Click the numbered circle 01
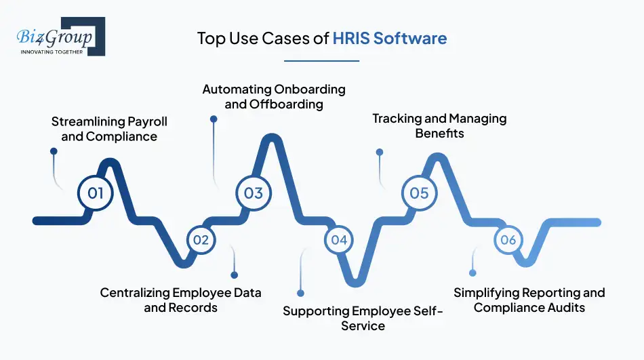[x=96, y=193]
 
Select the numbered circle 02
[x=201, y=239]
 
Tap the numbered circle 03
[x=254, y=193]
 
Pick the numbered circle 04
[x=339, y=239]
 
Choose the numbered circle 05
[x=419, y=193]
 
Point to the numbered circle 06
[x=508, y=239]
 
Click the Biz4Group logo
[x=61, y=36]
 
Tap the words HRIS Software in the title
[x=389, y=38]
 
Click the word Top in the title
[x=211, y=39]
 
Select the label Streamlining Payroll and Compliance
[x=109, y=129]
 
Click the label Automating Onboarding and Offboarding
[x=274, y=96]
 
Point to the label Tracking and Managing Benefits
[x=439, y=125]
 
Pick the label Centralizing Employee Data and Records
[x=181, y=300]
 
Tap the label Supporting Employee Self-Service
[x=363, y=318]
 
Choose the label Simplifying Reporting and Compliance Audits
[x=529, y=300]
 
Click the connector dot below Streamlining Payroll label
[x=54, y=151]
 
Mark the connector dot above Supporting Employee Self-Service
[x=300, y=293]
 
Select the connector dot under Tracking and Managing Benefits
[x=380, y=152]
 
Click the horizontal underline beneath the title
[x=321, y=61]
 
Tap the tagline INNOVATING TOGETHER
[x=52, y=52]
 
